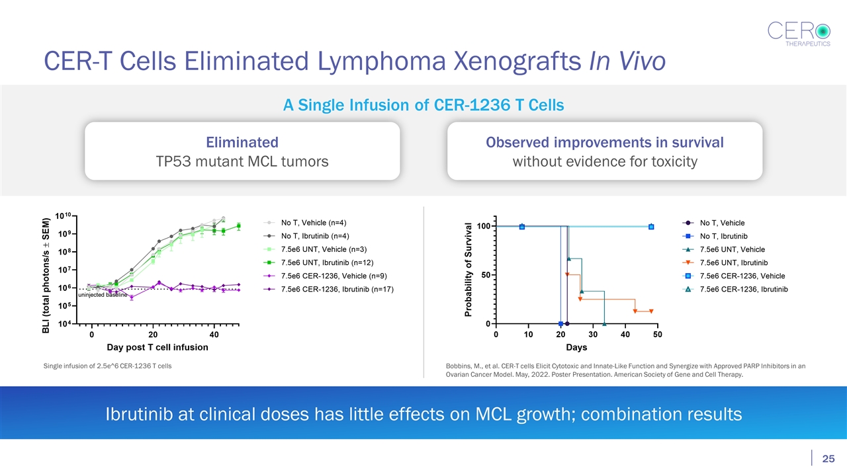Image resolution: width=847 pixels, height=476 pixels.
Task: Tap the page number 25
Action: [827, 459]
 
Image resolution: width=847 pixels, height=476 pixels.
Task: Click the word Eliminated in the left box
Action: [242, 142]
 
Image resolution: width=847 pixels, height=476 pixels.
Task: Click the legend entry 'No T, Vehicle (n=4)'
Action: [314, 222]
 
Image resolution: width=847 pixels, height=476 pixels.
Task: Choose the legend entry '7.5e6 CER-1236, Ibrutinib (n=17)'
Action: [337, 290]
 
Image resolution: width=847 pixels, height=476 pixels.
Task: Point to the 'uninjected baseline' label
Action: [103, 295]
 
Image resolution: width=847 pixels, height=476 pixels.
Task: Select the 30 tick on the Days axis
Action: [593, 335]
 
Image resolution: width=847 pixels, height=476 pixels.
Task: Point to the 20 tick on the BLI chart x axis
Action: [153, 335]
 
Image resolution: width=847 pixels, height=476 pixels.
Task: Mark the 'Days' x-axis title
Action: [576, 347]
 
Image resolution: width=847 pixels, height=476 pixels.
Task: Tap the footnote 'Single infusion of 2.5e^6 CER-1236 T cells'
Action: [108, 366]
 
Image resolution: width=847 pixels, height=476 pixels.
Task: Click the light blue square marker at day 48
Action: [652, 227]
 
